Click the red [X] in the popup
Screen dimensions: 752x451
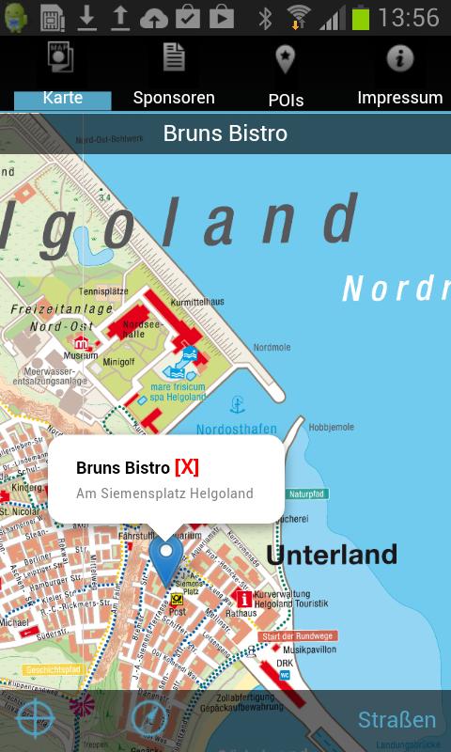coord(187,467)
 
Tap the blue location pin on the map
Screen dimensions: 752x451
coord(166,561)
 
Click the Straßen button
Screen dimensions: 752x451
coord(397,720)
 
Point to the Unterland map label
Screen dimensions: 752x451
coord(332,555)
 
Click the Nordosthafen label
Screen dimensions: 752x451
coord(236,430)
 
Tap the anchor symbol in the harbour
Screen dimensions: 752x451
coord(238,405)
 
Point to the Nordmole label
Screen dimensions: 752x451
coord(272,348)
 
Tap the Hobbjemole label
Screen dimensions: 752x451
coord(330,427)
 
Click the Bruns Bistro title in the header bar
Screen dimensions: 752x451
coord(225,133)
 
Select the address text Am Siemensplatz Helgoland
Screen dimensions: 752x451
coord(164,493)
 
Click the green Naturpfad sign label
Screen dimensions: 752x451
coord(306,493)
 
